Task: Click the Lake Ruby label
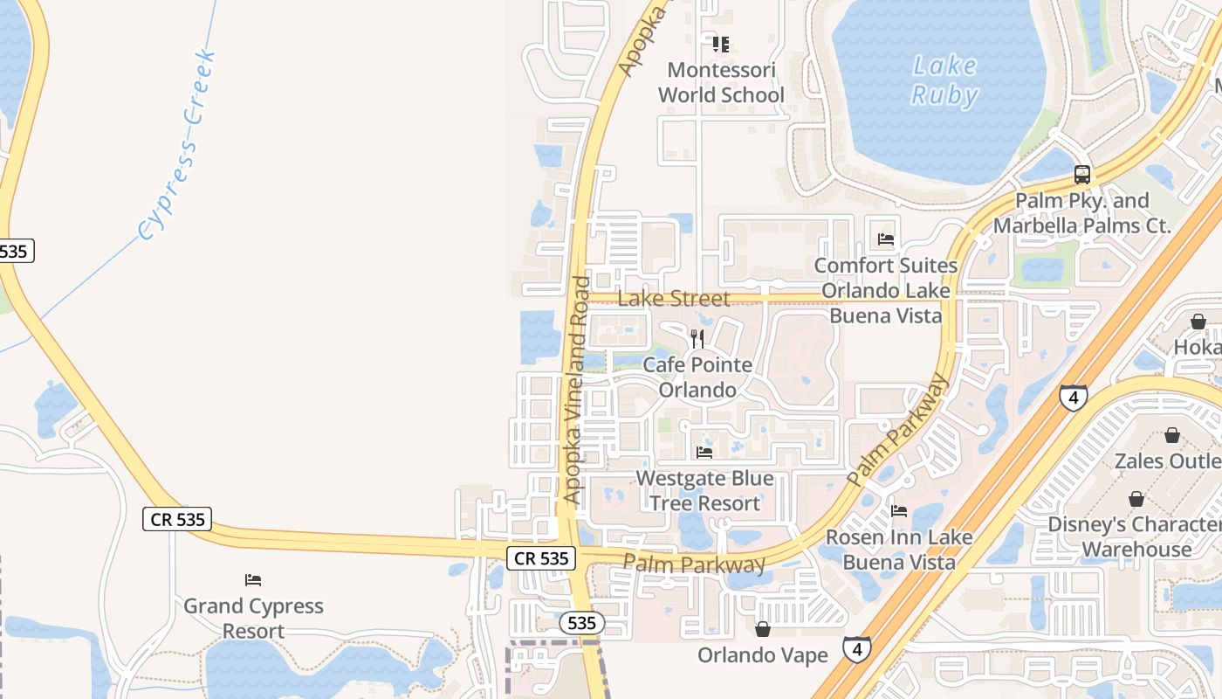click(x=944, y=80)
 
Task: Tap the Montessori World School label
click(x=721, y=82)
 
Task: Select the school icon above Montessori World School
click(x=721, y=44)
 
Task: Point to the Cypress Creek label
click(x=177, y=146)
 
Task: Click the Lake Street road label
click(x=674, y=299)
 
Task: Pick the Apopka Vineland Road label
click(x=577, y=390)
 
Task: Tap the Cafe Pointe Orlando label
click(x=697, y=377)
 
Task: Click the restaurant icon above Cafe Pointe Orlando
click(x=697, y=338)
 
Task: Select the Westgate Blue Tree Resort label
click(x=704, y=491)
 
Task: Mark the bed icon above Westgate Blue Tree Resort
click(x=704, y=452)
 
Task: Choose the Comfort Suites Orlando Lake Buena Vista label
click(x=885, y=290)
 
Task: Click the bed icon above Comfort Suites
click(x=886, y=239)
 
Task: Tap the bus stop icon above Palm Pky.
click(x=1082, y=175)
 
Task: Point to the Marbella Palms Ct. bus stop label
click(x=1082, y=213)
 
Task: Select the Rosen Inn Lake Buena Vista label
click(x=899, y=549)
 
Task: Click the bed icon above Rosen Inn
click(x=899, y=510)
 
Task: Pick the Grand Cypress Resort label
click(x=253, y=618)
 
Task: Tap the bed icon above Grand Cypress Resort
click(x=253, y=579)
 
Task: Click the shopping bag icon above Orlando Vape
click(x=763, y=629)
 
